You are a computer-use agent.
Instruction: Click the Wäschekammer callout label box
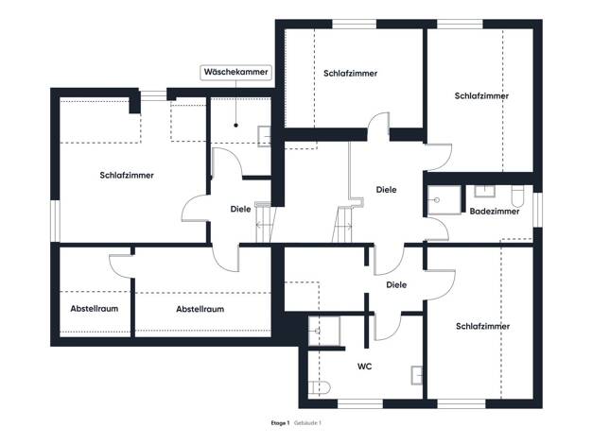pos(236,72)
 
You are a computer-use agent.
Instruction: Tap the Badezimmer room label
pos(495,212)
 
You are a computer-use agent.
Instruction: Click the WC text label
pos(364,367)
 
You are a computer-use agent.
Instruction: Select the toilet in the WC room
pos(320,387)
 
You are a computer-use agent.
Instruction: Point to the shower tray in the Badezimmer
pos(444,200)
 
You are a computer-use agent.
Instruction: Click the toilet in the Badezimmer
pos(518,196)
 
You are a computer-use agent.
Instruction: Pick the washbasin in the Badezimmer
pos(484,191)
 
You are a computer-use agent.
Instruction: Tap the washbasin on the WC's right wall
pos(417,375)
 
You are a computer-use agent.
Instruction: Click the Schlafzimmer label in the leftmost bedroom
pos(127,176)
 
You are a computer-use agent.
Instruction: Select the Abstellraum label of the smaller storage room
pos(95,309)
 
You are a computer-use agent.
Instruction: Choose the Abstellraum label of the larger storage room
pos(200,309)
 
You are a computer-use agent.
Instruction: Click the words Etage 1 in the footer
pos(280,423)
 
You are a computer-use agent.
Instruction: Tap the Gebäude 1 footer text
pos(307,423)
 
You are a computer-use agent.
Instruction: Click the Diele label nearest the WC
pos(396,284)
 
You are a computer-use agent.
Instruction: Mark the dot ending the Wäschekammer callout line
pos(236,126)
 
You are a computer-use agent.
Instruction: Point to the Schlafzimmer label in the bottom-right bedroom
pos(483,326)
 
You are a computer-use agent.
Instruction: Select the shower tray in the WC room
pos(324,332)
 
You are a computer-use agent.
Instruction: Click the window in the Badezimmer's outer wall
pos(538,210)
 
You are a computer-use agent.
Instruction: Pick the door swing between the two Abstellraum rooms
pos(120,266)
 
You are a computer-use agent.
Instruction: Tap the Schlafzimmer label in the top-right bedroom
pos(481,95)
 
